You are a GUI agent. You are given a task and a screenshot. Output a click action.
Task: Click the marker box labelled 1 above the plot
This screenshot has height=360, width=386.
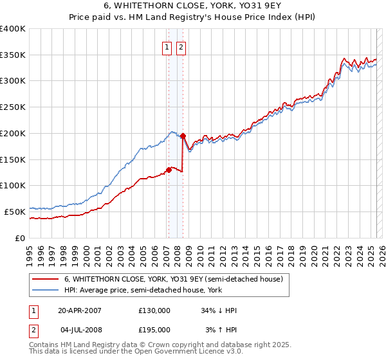[167, 47]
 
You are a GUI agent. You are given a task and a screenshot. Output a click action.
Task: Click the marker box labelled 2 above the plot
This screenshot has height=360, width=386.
[181, 47]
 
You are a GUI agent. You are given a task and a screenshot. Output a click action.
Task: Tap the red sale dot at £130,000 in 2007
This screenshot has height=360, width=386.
[169, 170]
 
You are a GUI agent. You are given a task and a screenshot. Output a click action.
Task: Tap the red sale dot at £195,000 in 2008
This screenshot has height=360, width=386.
[183, 136]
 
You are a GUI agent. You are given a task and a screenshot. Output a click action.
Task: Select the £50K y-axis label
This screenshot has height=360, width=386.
[14, 212]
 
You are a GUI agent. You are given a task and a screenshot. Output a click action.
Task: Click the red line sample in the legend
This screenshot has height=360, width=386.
[46, 279]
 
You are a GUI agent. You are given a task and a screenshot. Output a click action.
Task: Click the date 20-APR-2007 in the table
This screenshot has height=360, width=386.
[80, 310]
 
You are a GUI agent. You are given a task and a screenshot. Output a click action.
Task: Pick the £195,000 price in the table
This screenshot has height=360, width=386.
[154, 330]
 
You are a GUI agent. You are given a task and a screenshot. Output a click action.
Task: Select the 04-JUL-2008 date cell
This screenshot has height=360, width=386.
[80, 330]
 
